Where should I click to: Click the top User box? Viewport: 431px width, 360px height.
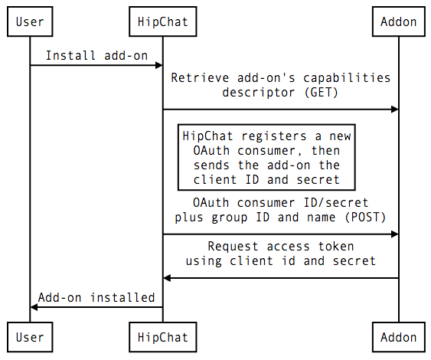click(x=30, y=21)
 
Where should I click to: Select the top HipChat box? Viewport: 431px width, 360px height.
click(x=163, y=21)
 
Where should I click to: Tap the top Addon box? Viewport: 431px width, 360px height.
click(x=399, y=21)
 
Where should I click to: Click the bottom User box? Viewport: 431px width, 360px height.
click(x=30, y=337)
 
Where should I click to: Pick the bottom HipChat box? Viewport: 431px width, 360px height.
click(x=163, y=337)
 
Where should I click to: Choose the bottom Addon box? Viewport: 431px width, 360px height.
click(x=399, y=337)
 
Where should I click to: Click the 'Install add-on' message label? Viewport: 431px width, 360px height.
click(x=96, y=56)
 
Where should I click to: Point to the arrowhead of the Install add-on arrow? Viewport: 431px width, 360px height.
click(x=159, y=65)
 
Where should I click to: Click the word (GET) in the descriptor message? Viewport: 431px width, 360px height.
click(x=321, y=93)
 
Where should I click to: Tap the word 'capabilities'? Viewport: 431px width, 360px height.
click(x=347, y=78)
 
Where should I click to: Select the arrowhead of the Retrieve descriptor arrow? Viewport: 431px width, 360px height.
click(x=395, y=110)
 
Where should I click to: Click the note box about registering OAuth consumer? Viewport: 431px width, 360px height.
click(x=266, y=157)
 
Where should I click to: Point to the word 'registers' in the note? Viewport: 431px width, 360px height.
click(x=274, y=136)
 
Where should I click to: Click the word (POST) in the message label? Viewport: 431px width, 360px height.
click(x=365, y=218)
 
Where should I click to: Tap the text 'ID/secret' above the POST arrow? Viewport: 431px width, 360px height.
click(x=336, y=203)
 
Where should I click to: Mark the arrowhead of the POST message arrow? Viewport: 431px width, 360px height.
click(x=395, y=234)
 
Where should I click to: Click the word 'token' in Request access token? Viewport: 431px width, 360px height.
click(x=336, y=246)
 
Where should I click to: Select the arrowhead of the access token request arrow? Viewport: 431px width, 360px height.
click(x=167, y=278)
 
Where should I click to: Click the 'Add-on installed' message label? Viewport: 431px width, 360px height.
click(x=96, y=297)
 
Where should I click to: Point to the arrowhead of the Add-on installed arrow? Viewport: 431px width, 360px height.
click(x=34, y=307)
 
